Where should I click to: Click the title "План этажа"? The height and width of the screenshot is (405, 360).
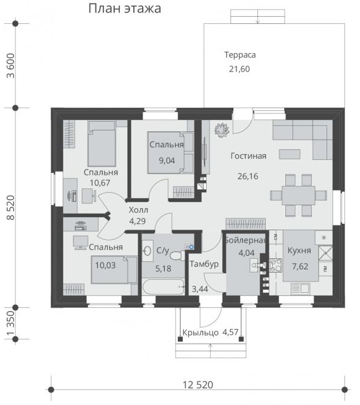click(x=125, y=9)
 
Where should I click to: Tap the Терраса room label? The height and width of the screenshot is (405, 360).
click(x=240, y=55)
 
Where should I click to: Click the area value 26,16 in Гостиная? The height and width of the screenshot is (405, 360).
click(x=248, y=176)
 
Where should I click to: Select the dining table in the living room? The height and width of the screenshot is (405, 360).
click(x=299, y=195)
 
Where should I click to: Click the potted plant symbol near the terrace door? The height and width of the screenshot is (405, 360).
click(x=222, y=130)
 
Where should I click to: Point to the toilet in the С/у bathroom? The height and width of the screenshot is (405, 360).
click(x=177, y=255)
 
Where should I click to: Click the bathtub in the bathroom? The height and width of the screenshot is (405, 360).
click(x=163, y=286)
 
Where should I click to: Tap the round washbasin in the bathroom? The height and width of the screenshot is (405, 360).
click(x=147, y=251)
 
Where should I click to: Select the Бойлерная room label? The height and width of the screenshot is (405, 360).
click(x=245, y=240)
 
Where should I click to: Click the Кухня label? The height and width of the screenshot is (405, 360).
click(x=299, y=251)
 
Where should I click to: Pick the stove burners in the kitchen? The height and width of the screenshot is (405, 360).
click(x=276, y=265)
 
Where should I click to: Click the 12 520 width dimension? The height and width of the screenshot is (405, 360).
click(x=198, y=385)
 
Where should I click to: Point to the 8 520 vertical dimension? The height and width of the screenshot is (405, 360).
click(x=11, y=208)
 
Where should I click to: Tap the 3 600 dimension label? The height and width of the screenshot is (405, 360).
click(x=11, y=66)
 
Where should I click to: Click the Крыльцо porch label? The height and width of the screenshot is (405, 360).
click(x=201, y=332)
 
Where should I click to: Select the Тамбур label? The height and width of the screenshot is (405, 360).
click(x=204, y=264)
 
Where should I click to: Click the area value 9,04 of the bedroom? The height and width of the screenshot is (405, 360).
click(x=167, y=160)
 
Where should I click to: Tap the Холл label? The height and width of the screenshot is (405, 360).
click(x=139, y=210)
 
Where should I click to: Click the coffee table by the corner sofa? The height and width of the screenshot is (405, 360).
click(x=290, y=154)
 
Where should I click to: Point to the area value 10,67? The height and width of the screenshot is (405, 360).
click(x=100, y=183)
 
